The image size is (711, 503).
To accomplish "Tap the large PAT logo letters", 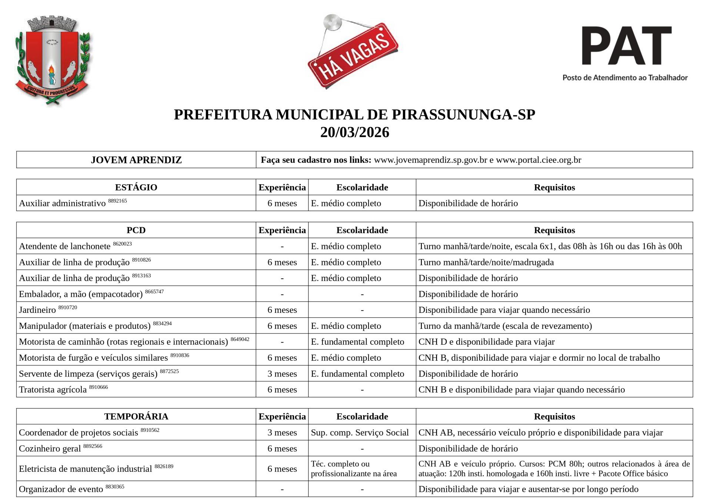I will coord(626,46).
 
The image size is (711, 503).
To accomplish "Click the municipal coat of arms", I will coord(53,60).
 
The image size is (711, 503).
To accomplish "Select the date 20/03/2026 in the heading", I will coord(354,132).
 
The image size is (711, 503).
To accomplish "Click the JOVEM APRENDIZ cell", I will coord(136,160).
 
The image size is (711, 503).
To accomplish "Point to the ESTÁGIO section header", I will coord(136,187).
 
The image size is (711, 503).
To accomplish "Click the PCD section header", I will coord(136,230).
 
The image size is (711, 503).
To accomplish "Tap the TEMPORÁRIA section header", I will coord(136,416).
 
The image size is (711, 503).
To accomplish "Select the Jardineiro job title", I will coord(37,310).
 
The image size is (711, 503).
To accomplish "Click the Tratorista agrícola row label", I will coord(53,390).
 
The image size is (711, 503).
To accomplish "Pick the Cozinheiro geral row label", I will coord(50,449).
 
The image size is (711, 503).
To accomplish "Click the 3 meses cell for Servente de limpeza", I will coord(282,374).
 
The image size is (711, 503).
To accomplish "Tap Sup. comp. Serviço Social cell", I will coord(360,433).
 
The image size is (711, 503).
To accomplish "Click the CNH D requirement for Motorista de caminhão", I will coord(486,342).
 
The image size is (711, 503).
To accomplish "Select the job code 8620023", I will coord(122,244).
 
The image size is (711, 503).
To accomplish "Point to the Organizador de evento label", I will coord(61,489).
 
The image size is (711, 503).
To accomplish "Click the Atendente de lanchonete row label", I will coord(64,246).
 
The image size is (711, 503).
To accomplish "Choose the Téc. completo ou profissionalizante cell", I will coord(354,469).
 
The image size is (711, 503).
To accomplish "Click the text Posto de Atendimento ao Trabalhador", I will coord(625,78).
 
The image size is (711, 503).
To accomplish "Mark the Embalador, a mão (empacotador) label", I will coord(80,294).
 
